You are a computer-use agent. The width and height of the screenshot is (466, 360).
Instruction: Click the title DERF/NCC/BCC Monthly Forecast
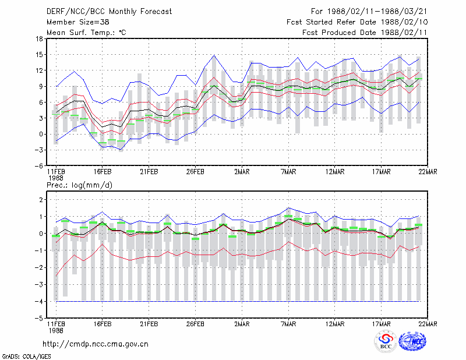point(109,12)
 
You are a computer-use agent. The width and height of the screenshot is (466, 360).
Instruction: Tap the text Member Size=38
point(78,22)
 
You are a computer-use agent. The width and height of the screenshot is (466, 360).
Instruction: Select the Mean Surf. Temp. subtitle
point(86,33)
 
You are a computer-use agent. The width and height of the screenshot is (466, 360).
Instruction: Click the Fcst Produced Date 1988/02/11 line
point(365,33)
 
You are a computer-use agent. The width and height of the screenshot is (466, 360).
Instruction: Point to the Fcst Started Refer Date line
point(357,22)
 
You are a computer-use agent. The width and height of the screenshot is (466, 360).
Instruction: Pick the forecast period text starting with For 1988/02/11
point(369,12)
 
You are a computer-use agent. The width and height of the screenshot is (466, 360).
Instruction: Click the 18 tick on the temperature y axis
point(39,38)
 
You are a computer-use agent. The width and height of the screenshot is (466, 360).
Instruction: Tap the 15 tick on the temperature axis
point(39,55)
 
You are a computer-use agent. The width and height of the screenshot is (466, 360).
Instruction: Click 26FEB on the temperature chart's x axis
point(195,172)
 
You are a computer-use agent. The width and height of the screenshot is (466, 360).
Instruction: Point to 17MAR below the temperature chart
point(382,172)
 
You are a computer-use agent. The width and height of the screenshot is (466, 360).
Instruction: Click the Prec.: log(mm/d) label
point(79,185)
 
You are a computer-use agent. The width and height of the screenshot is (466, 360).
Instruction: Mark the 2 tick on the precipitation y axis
point(41,200)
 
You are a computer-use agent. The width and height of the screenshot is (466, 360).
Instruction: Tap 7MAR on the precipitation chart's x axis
point(288,324)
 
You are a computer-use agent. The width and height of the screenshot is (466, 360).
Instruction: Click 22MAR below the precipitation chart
point(428,324)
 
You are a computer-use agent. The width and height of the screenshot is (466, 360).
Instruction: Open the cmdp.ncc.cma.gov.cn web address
point(96,344)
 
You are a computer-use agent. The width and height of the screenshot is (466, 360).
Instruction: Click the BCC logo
point(386,342)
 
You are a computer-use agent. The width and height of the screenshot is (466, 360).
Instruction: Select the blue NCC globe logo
point(412,341)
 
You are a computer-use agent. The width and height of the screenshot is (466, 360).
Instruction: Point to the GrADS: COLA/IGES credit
point(26,357)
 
